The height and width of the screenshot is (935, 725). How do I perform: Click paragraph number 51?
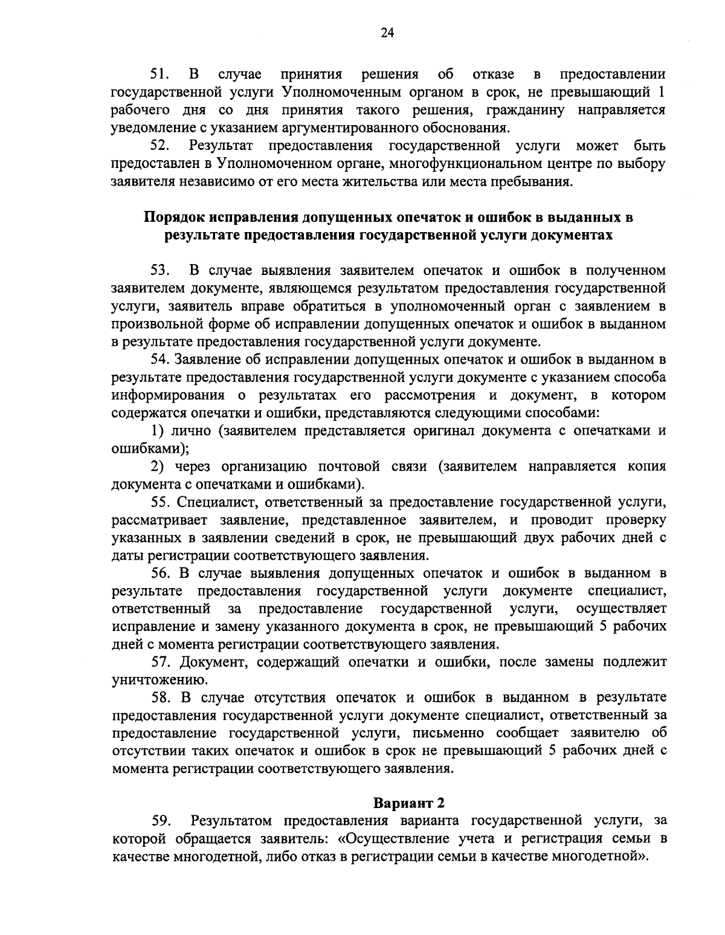click(160, 74)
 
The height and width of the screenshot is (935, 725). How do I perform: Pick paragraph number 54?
click(161, 360)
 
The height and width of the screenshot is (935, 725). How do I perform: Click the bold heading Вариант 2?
click(408, 803)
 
